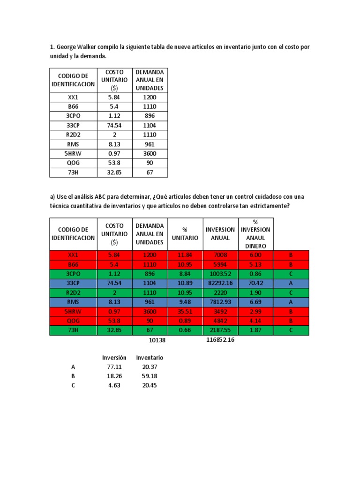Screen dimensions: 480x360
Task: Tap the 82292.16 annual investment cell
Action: (220, 284)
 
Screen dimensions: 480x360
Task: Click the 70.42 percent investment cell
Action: (255, 284)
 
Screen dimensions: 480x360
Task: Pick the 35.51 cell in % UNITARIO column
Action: (185, 312)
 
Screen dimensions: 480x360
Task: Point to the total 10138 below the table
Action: (157, 341)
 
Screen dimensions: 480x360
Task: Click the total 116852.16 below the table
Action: (220, 340)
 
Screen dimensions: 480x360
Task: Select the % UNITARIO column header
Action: (185, 234)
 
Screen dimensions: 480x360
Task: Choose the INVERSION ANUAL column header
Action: (220, 234)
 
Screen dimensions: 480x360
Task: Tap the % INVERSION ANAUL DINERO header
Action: (255, 234)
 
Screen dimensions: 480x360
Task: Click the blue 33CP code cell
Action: (73, 284)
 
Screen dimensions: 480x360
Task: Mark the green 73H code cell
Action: (73, 330)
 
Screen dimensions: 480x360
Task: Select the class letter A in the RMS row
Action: (291, 302)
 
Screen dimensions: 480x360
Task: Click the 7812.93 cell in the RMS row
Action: (220, 302)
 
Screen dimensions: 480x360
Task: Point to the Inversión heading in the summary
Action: (114, 358)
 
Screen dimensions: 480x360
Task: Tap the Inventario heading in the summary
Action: (150, 358)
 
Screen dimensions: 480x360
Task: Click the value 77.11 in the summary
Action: (114, 367)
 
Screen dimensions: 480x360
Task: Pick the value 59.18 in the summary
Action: (150, 376)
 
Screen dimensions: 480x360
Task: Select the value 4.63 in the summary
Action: (114, 386)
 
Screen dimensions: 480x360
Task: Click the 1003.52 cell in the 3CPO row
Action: (220, 274)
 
